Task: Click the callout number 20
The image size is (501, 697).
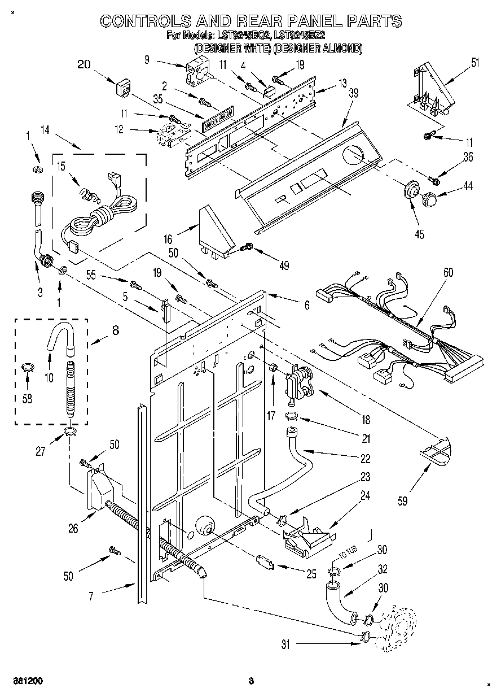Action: (x=84, y=64)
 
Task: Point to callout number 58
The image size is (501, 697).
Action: (x=27, y=399)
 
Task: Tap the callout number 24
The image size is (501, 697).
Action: (x=366, y=495)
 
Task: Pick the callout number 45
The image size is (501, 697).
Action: (x=419, y=234)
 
